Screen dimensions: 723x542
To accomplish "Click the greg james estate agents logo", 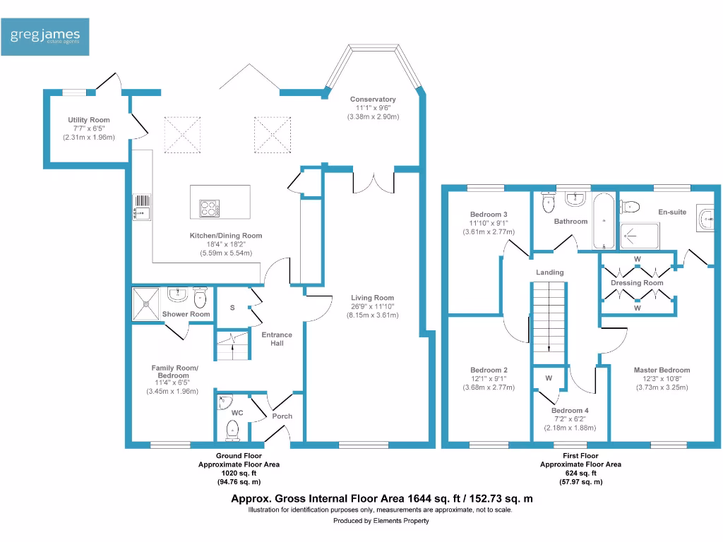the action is click(x=44, y=37).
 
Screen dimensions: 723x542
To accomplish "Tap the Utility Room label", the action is click(x=89, y=120).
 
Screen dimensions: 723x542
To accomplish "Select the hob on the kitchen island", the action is click(x=209, y=208).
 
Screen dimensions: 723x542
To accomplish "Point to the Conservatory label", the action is click(x=373, y=99).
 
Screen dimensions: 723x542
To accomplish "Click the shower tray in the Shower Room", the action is click(x=145, y=303).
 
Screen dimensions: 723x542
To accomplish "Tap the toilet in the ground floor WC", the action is click(x=233, y=431).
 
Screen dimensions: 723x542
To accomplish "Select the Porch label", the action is click(x=282, y=416).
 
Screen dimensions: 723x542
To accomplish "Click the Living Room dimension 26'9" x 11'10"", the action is click(x=373, y=306).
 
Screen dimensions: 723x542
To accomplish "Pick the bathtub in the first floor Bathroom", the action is click(x=604, y=221).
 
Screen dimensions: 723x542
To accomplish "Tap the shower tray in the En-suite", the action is click(x=640, y=236).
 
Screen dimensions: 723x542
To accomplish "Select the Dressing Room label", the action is click(x=638, y=283).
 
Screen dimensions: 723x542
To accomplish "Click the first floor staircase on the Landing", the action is click(x=549, y=323).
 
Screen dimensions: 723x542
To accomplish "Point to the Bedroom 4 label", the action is click(x=570, y=411).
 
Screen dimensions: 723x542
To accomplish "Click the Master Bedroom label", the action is click(x=662, y=370).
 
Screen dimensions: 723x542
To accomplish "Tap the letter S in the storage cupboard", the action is click(x=232, y=308).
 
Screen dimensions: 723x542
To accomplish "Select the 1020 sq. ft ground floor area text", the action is click(x=239, y=474).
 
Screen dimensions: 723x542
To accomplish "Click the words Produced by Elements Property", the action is click(x=381, y=521).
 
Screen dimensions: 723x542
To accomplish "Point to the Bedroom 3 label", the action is click(x=489, y=215).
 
